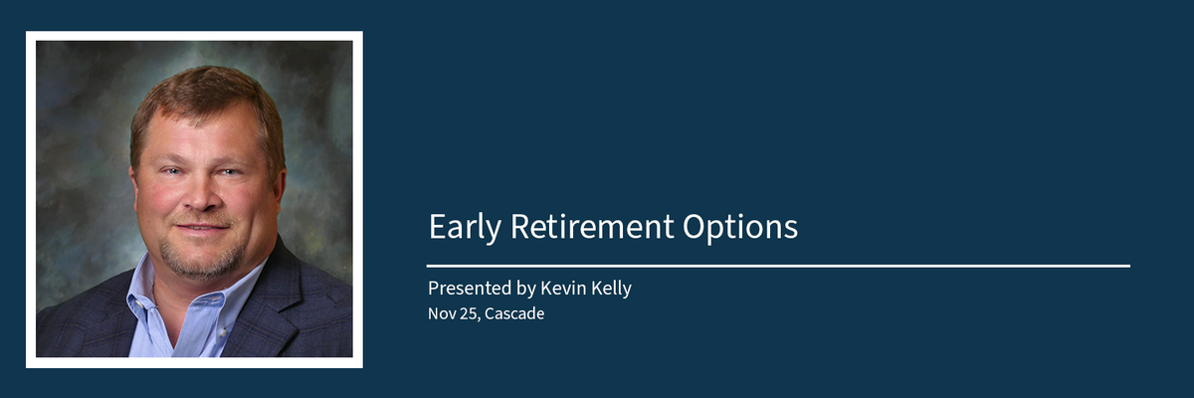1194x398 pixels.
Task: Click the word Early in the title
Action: (465, 228)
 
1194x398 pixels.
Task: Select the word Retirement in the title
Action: (592, 227)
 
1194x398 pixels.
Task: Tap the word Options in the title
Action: (740, 228)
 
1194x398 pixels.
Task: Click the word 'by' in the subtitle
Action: (526, 289)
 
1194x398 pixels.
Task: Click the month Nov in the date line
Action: (442, 313)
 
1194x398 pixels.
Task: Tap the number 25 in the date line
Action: (469, 313)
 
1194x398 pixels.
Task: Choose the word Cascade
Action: (514, 313)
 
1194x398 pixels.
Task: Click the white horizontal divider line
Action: (778, 266)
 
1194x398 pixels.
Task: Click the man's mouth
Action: (203, 227)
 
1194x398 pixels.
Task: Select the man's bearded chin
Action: (203, 260)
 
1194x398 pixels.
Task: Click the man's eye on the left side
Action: (171, 171)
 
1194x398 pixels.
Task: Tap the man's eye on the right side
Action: (230, 172)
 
